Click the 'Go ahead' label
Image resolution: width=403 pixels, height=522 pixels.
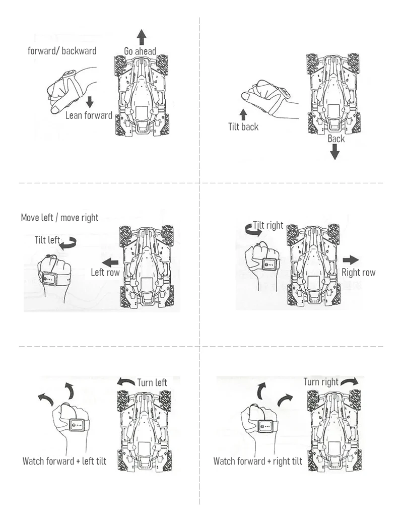click(140, 51)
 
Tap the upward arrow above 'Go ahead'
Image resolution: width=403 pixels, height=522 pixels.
click(142, 37)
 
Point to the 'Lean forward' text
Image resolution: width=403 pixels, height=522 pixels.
click(89, 115)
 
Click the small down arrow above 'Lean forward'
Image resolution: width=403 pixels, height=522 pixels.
click(90, 101)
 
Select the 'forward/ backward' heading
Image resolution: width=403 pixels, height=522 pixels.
click(62, 50)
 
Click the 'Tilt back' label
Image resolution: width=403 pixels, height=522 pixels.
click(243, 127)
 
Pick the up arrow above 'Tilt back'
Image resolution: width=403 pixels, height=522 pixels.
click(243, 113)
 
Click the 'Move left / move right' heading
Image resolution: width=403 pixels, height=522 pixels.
click(59, 218)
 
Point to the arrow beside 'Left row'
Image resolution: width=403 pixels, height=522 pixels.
click(110, 262)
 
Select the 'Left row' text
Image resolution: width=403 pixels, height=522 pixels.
click(105, 273)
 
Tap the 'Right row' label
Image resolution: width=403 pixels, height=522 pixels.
click(359, 273)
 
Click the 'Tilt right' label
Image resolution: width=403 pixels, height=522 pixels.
click(268, 225)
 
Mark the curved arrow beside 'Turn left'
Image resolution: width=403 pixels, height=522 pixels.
click(126, 382)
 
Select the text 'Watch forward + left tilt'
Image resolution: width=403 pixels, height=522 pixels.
click(64, 461)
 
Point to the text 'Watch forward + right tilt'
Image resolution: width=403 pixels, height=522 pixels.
click(257, 461)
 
